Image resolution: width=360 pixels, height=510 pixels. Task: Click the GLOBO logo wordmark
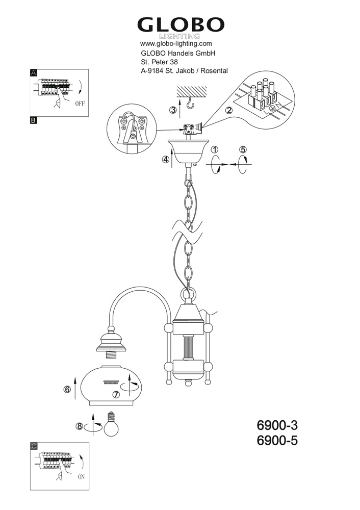point(181,25)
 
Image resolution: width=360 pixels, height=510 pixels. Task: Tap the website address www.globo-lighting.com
point(176,43)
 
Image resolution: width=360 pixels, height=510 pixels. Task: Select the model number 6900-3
point(277,425)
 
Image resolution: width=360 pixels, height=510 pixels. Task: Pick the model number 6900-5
point(277,441)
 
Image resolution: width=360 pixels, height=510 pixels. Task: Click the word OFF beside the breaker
point(80,104)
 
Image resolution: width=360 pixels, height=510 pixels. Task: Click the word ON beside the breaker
point(81,477)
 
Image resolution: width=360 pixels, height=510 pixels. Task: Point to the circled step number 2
point(229,110)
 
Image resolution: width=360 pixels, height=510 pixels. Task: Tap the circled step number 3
point(173,110)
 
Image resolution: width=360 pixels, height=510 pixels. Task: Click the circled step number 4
point(166,159)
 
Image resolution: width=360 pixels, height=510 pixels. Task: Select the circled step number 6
point(67,389)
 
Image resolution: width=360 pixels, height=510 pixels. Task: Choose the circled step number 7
point(116,395)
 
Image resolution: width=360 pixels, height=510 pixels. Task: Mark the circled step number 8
point(79,426)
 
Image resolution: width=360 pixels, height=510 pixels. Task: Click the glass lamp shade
point(111,386)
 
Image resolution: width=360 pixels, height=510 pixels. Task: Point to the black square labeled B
point(34,120)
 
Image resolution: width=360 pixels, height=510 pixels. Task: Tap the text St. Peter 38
point(159,62)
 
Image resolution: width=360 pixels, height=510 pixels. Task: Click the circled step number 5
point(243,149)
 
